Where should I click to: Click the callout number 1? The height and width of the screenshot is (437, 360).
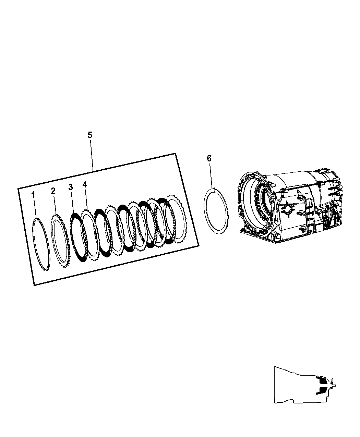click(x=33, y=195)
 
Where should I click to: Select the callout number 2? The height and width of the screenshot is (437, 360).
click(x=53, y=191)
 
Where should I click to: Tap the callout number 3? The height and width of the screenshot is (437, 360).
click(x=71, y=187)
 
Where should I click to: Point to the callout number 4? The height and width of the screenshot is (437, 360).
click(x=85, y=184)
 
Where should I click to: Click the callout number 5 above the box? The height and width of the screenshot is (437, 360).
click(x=90, y=135)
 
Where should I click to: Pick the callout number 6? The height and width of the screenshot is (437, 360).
click(x=209, y=158)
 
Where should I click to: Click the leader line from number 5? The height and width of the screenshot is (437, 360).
click(x=92, y=156)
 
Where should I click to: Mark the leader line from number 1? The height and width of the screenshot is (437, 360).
click(x=35, y=208)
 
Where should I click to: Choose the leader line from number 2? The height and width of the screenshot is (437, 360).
click(x=55, y=205)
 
